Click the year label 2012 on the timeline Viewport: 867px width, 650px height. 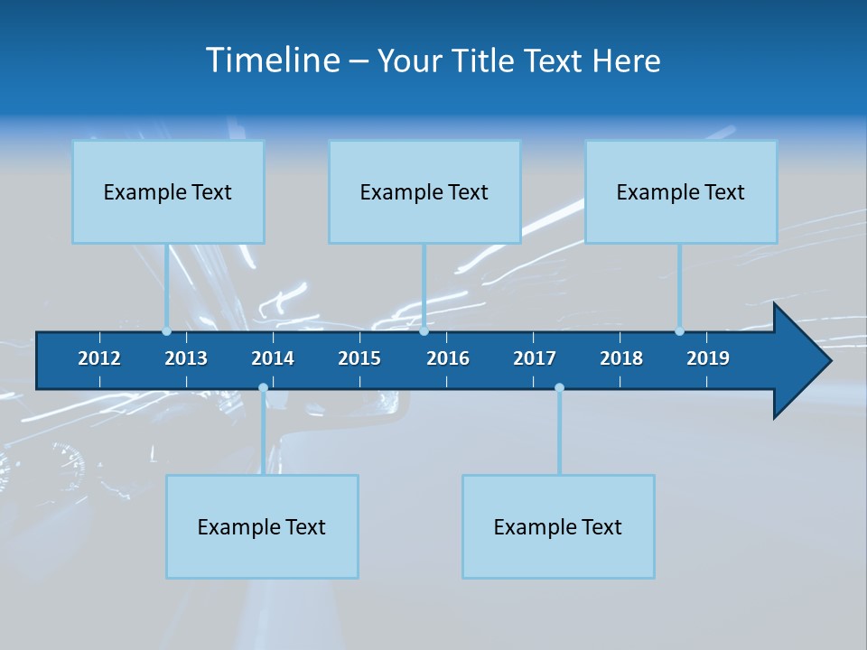(x=99, y=358)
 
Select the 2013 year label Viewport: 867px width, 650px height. (x=186, y=358)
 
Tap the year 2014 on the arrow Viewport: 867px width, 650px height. (x=273, y=358)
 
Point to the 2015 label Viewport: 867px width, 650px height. (x=359, y=358)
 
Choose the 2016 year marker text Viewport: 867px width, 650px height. (x=448, y=358)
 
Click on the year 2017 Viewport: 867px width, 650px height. (x=535, y=358)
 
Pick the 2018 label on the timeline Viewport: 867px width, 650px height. (x=621, y=358)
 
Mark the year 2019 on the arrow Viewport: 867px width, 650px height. (x=708, y=358)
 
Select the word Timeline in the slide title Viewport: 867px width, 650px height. (x=273, y=60)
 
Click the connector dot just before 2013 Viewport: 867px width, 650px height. (x=166, y=331)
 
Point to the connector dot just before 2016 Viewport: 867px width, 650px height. (x=424, y=331)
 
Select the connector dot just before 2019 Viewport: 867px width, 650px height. (x=679, y=331)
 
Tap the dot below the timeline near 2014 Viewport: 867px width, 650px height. (x=263, y=388)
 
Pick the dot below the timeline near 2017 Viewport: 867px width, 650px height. (x=559, y=388)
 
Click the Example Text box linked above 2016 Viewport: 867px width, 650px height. (x=424, y=191)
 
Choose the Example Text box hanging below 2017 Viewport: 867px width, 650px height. (x=558, y=526)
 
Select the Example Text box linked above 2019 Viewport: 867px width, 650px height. (x=681, y=191)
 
